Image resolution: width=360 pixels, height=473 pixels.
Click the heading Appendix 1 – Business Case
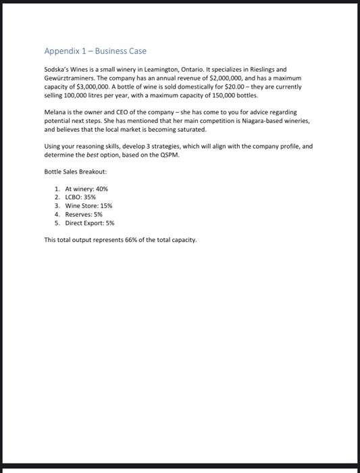click(x=95, y=51)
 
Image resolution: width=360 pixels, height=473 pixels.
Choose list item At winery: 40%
click(x=86, y=189)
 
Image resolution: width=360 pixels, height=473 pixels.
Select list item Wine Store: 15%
click(x=88, y=205)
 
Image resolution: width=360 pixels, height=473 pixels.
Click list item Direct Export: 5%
click(x=90, y=222)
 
